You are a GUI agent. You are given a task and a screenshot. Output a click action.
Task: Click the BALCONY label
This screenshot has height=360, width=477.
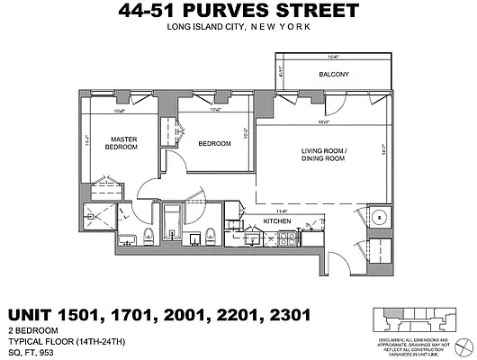tap(334, 74)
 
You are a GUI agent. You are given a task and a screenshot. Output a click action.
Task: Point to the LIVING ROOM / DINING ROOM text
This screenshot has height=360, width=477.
tap(323, 154)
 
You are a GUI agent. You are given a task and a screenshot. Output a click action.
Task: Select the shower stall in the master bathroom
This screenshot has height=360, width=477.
tap(100, 214)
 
